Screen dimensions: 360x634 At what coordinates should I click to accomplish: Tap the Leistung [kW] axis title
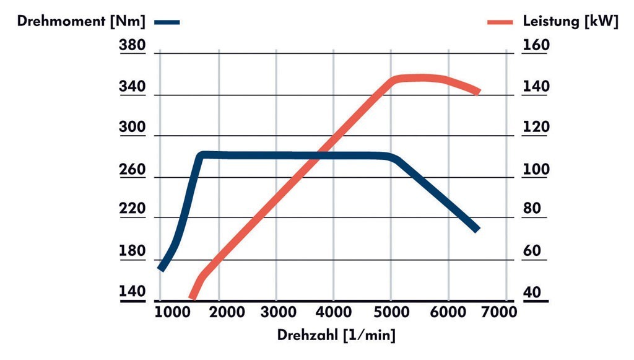point(570,22)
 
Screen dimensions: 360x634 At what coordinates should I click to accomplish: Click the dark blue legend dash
point(167,22)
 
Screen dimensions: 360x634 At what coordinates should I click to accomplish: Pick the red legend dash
point(500,22)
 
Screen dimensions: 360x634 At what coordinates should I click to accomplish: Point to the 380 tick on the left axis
point(132,46)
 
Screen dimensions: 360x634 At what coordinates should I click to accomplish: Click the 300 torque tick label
point(132,128)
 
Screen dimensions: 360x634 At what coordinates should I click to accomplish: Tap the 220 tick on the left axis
point(132,209)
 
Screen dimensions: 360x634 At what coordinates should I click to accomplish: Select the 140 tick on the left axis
point(132,291)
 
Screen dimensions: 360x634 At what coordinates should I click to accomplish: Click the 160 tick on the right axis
point(536,46)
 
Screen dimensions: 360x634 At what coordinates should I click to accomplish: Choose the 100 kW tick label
point(536,169)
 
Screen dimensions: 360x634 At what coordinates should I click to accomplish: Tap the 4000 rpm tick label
point(334,312)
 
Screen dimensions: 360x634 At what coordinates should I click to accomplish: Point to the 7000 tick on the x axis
point(500,312)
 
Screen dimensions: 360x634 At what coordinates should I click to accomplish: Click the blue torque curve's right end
point(477,230)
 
